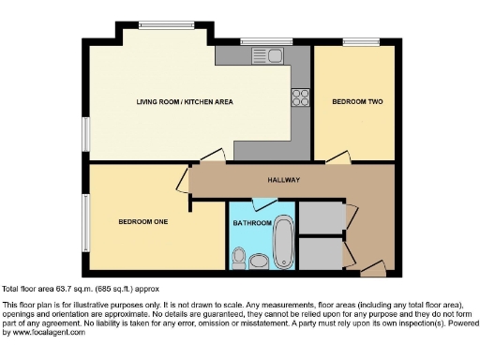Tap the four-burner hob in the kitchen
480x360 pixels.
pyautogui.click(x=301, y=97)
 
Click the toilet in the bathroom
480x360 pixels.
pyautogui.click(x=239, y=256)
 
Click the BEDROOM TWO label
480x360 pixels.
pyautogui.click(x=353, y=100)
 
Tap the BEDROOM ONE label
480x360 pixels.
pyautogui.click(x=143, y=222)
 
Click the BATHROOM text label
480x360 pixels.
pyautogui.click(x=252, y=223)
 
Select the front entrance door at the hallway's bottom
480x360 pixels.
pyautogui.click(x=372, y=271)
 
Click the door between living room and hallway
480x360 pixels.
pyautogui.click(x=212, y=157)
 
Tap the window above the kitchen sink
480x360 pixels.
pyautogui.click(x=253, y=41)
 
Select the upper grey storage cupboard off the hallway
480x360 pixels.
pyautogui.click(x=322, y=217)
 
